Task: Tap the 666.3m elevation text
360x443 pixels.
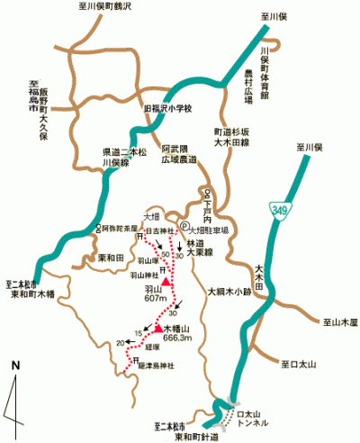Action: [x=179, y=338]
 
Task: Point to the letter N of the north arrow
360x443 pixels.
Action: [x=15, y=365]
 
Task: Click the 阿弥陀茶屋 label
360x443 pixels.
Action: [x=120, y=228]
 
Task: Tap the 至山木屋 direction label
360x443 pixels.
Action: [x=337, y=320]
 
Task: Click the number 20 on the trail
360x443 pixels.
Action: [x=121, y=342]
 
